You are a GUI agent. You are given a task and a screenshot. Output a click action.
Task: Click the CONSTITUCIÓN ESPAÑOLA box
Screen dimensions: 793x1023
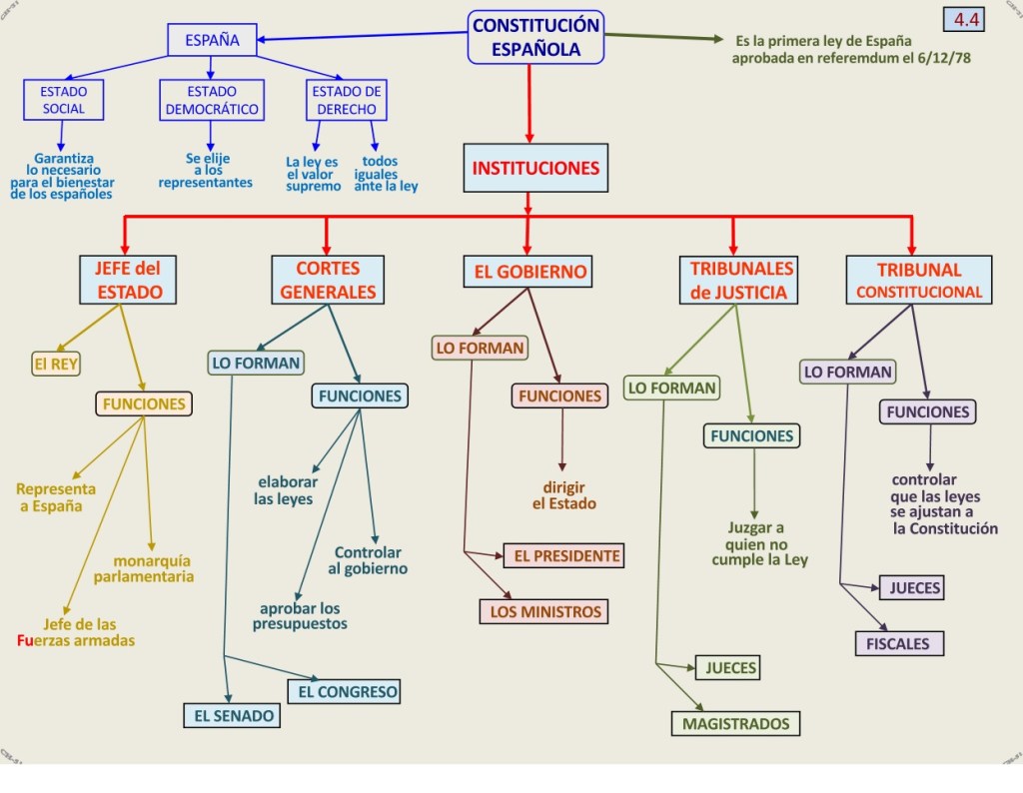pyautogui.click(x=536, y=37)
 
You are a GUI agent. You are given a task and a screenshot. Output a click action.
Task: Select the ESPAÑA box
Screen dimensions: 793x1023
pyautogui.click(x=212, y=41)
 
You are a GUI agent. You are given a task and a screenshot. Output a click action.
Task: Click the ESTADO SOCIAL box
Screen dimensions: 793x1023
pyautogui.click(x=63, y=100)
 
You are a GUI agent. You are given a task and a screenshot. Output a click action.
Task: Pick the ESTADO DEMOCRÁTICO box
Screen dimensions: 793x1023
pyautogui.click(x=211, y=100)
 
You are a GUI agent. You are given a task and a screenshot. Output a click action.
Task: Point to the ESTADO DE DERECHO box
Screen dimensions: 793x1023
pyautogui.click(x=346, y=100)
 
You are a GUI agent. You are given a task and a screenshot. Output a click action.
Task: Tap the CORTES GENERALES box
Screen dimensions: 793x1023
pyautogui.click(x=328, y=280)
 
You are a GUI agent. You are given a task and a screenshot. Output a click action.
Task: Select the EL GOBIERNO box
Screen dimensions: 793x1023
pyautogui.click(x=526, y=271)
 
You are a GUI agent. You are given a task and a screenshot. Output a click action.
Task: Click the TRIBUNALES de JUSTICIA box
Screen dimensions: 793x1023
pyautogui.click(x=740, y=280)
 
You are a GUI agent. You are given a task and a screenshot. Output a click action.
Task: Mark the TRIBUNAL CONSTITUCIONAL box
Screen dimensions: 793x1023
pyautogui.click(x=918, y=280)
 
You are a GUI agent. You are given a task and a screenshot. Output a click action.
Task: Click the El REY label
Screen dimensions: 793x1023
pyautogui.click(x=56, y=365)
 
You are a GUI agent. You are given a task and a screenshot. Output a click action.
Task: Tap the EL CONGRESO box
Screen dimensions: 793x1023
pyautogui.click(x=344, y=690)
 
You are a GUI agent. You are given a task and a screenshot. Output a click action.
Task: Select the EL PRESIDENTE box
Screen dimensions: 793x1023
pyautogui.click(x=563, y=555)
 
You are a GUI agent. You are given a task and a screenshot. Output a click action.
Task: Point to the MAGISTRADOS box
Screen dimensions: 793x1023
pyautogui.click(x=735, y=723)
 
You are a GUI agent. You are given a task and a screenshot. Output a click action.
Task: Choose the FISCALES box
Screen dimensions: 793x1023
pyautogui.click(x=898, y=643)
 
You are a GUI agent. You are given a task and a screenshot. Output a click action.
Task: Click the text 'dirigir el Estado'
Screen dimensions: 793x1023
pyautogui.click(x=563, y=495)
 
